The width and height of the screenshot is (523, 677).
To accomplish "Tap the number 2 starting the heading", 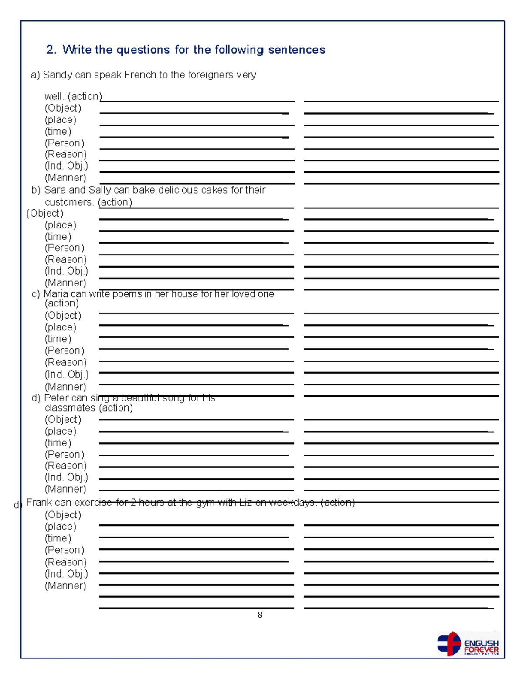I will point(50,50).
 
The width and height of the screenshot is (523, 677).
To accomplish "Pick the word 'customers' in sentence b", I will point(69,202).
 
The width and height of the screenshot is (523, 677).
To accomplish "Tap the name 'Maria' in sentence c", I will point(56,294).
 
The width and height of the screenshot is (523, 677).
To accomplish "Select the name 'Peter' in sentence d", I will point(56,398).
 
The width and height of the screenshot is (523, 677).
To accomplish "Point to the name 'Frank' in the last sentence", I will point(39,503).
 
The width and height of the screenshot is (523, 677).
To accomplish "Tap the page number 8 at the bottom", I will point(260,615).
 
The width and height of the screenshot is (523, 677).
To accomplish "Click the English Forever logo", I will point(468,644).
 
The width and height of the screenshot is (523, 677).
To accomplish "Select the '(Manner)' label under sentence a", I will point(65,178).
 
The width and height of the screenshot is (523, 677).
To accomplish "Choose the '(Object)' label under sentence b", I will point(45,214).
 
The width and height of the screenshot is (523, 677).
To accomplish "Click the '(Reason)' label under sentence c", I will point(65,362).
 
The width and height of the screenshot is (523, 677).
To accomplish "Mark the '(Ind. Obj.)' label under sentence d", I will point(66,477).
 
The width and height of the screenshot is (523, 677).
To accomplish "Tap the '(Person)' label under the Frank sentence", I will point(65,550).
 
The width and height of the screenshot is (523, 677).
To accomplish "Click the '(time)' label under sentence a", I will point(58,132).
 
